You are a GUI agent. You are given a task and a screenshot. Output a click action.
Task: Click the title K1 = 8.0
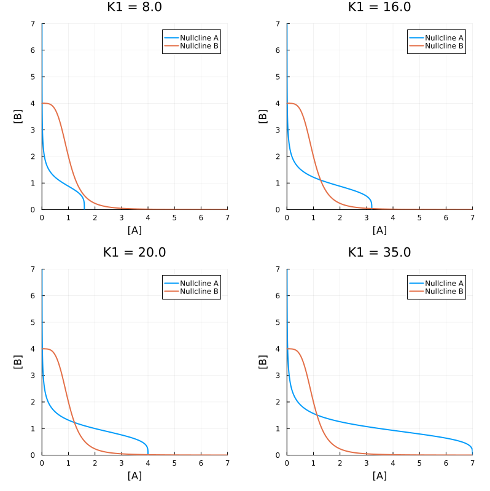click(x=134, y=7)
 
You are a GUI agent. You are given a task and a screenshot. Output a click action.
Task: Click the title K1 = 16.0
click(x=379, y=7)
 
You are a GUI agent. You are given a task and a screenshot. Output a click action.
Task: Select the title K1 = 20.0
click(x=134, y=253)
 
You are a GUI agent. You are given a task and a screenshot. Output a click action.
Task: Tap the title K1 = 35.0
click(x=379, y=253)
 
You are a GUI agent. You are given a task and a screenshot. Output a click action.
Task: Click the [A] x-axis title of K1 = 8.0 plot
click(x=134, y=230)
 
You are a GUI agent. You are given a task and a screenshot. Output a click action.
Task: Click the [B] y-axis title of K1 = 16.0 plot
click(x=263, y=117)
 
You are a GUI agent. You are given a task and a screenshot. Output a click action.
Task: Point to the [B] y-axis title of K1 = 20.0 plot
click(x=18, y=362)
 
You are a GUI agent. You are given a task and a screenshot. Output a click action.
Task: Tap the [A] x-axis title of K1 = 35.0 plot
click(x=379, y=476)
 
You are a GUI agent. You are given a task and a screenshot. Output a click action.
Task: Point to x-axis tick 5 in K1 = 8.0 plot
click(x=174, y=217)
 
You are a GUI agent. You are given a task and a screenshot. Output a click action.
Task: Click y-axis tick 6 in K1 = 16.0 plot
click(x=280, y=50)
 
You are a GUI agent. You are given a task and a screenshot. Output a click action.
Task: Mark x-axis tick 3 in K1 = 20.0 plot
click(x=122, y=463)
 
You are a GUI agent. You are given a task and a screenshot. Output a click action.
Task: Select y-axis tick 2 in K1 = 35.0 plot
click(x=280, y=402)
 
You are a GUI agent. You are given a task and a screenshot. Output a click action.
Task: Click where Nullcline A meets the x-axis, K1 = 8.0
click(x=84, y=209)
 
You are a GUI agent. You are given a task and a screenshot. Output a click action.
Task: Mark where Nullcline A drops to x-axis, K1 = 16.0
click(x=371, y=209)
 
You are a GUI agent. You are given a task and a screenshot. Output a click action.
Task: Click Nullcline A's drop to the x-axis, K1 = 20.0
click(x=148, y=454)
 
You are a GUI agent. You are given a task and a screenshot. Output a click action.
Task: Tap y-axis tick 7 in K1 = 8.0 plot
click(x=35, y=24)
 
